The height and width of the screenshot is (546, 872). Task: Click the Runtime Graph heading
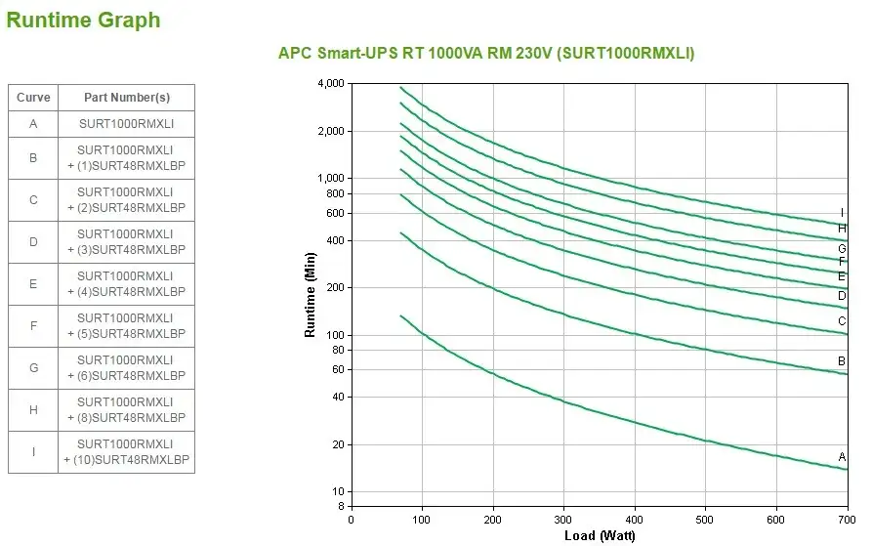[84, 21]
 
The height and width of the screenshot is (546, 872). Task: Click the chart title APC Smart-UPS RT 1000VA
[486, 54]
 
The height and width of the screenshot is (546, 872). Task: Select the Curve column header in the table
[33, 98]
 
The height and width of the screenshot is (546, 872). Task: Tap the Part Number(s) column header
[126, 98]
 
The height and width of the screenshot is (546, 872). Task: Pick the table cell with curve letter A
[33, 124]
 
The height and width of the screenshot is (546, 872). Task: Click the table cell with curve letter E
[33, 284]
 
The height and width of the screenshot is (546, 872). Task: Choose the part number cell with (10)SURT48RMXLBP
[126, 452]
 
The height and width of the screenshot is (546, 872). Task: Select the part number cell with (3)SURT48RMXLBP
[126, 242]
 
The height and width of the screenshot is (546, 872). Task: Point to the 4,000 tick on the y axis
[331, 84]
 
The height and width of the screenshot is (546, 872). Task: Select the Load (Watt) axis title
[600, 535]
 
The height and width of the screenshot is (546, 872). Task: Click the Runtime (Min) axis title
[311, 295]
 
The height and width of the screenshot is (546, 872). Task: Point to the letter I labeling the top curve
[842, 213]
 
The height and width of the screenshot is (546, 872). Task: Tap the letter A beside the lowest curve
[842, 457]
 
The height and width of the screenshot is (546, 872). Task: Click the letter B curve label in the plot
[842, 361]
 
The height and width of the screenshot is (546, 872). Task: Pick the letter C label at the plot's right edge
[842, 321]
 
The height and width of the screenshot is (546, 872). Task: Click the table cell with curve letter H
[33, 410]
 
